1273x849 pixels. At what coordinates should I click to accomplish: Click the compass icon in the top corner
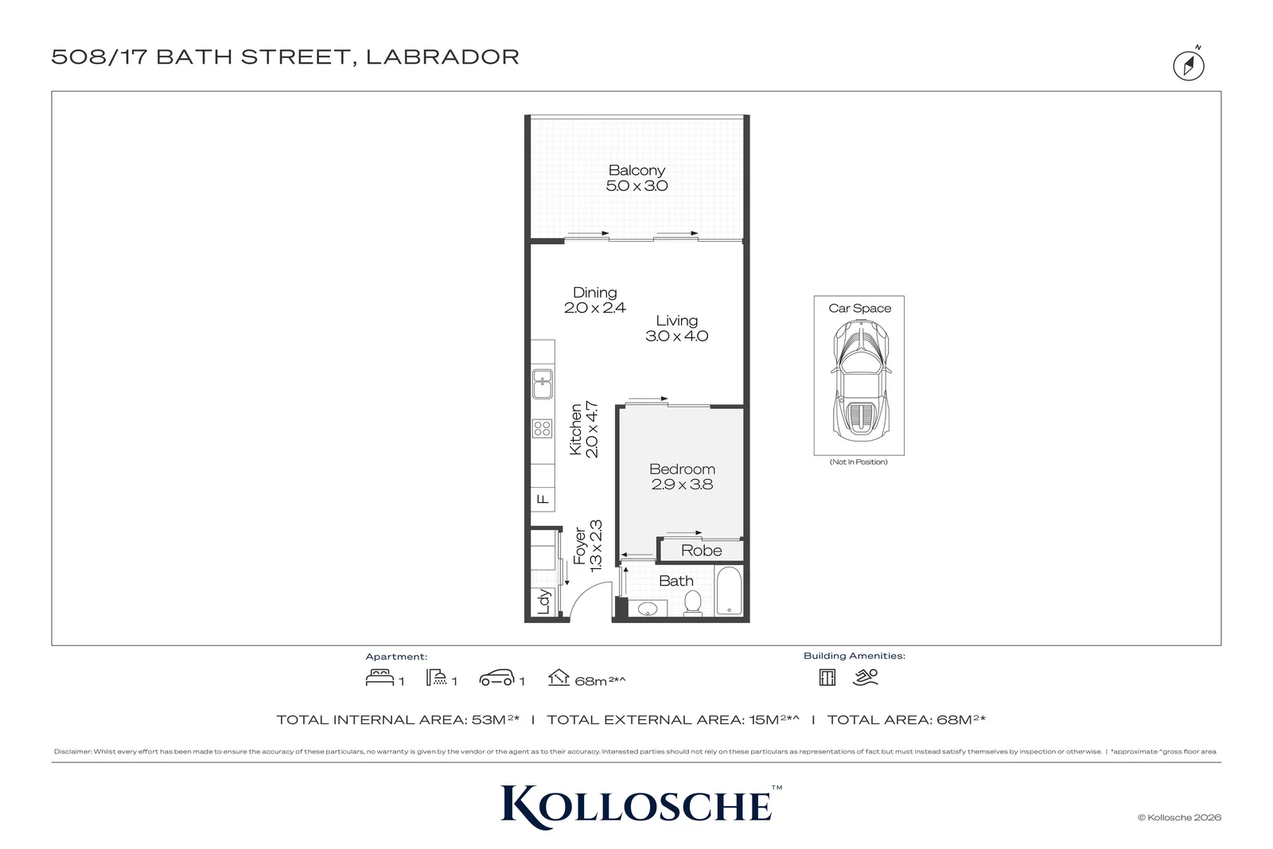coord(1189,64)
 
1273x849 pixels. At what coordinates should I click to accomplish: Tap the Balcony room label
coord(636,170)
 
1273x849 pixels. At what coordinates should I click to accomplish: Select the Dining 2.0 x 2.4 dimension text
coord(594,308)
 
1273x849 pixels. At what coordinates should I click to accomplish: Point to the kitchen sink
coord(543,384)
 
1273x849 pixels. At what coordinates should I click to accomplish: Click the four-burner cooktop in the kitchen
coord(542,428)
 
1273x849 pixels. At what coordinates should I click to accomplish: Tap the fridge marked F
coord(543,500)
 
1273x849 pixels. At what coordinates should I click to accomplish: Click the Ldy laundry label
coord(544,602)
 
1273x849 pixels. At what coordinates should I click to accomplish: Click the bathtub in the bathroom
coord(729,590)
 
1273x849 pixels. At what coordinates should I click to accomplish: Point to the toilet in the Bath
coord(693,603)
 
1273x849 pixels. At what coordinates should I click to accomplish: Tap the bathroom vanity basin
coord(648,609)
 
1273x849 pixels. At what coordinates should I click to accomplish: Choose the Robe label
coord(701,551)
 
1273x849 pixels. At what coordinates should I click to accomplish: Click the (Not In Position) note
coord(858,462)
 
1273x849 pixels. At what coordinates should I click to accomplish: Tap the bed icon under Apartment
coord(380,678)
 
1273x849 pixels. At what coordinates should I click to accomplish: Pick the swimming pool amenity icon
coord(866,677)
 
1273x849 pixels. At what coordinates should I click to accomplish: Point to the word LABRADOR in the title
coord(442,56)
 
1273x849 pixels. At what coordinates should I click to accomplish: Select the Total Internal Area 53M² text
coord(398,719)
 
